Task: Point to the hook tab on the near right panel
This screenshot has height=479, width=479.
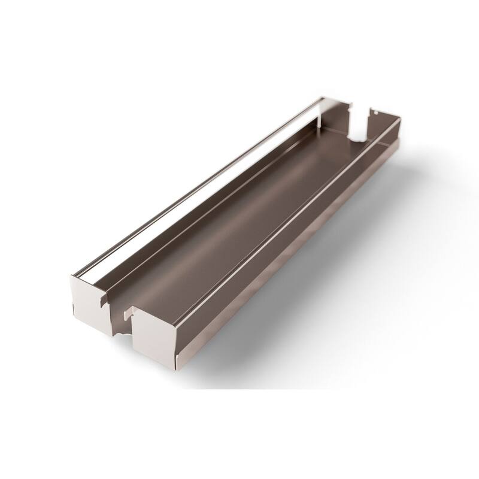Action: (x=128, y=312)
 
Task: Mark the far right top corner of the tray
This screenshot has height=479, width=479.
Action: (x=400, y=118)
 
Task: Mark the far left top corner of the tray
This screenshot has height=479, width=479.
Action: (x=323, y=97)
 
